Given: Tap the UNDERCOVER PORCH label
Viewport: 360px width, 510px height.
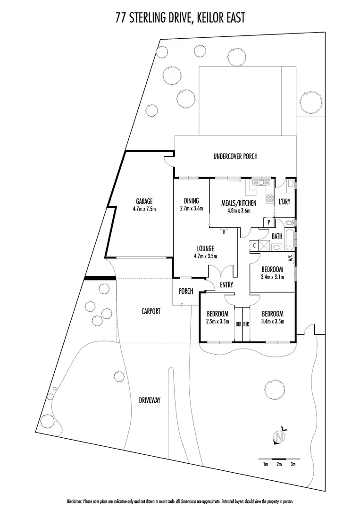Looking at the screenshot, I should [235, 157].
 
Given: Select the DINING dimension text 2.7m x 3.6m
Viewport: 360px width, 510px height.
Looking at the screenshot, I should [191, 208].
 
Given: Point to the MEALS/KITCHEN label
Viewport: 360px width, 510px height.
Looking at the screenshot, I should [239, 203].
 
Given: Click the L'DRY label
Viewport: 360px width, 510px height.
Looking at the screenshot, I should [284, 202].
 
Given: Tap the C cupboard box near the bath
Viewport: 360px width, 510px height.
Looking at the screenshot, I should [255, 245].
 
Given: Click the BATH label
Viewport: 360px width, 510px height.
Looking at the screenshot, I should [276, 236].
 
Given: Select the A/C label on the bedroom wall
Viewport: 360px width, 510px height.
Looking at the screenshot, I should [290, 258].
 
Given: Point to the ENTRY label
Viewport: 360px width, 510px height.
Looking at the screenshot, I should [227, 284].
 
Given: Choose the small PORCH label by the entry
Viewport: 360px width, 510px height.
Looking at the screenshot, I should [186, 291].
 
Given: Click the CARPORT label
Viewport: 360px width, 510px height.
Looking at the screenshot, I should [151, 311].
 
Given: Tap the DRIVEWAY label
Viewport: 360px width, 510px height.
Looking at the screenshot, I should [150, 400].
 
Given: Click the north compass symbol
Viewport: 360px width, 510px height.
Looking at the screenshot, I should [280, 437].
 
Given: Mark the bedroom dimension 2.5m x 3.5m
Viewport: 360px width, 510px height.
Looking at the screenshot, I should [218, 322].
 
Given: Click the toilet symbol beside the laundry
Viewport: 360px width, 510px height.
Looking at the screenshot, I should [289, 222].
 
